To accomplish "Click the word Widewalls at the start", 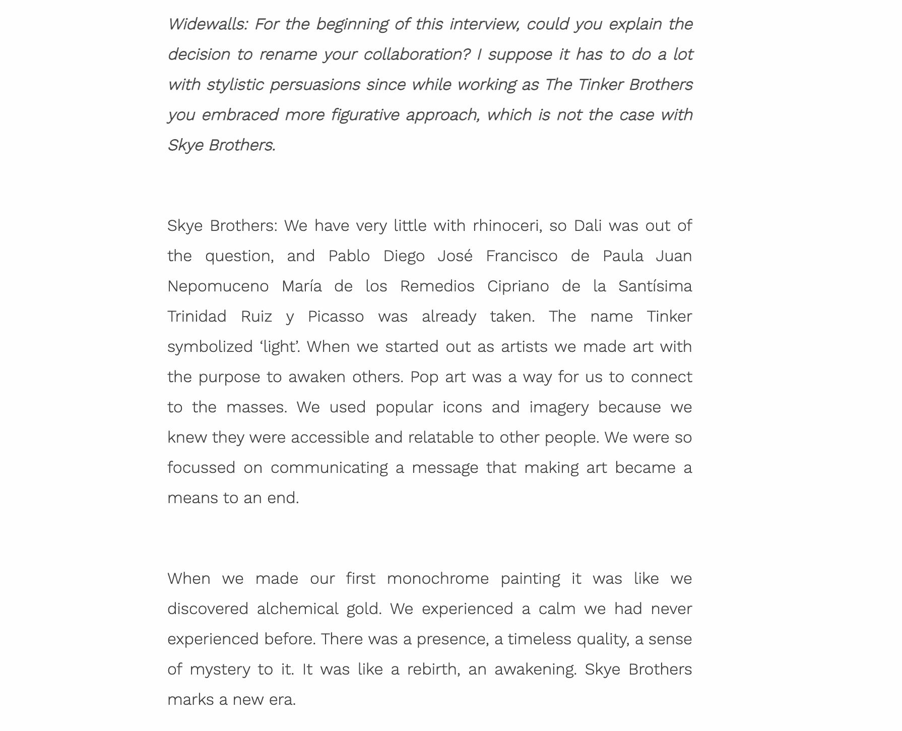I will click(207, 24).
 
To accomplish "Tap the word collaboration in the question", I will click(416, 54).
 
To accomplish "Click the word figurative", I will click(365, 115).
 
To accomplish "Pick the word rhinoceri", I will click(506, 226).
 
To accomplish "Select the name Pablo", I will click(349, 256).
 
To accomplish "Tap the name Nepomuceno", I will click(218, 286).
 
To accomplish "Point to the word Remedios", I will click(437, 286).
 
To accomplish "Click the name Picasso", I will click(336, 317).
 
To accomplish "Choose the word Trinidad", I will click(197, 317).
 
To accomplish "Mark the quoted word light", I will click(278, 347).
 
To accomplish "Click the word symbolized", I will click(209, 347).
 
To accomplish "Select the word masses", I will click(256, 407).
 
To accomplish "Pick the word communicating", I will click(329, 468).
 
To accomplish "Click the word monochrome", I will click(437, 579).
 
